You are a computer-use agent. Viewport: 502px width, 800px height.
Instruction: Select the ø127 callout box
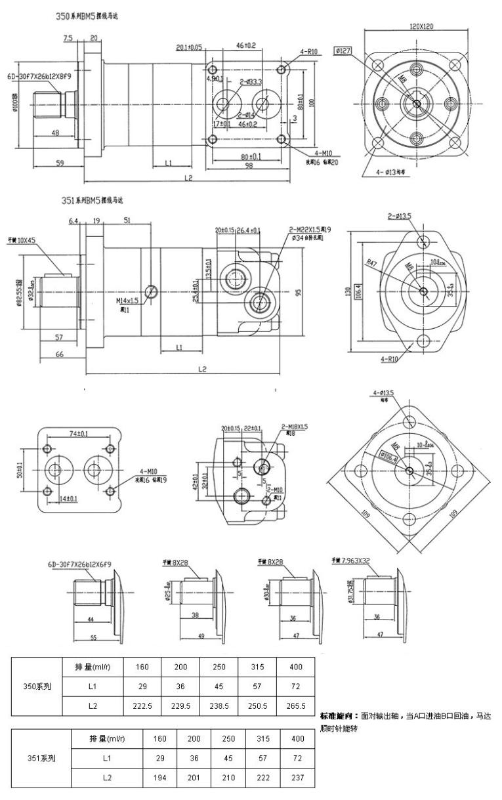point(345,50)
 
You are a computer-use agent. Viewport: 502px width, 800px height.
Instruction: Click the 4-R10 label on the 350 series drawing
point(309,51)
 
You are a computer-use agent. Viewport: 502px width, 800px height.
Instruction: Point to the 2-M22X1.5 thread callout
point(309,230)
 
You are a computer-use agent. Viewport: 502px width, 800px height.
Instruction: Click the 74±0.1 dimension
point(79,434)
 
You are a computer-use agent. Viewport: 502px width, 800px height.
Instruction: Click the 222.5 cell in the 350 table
point(142,705)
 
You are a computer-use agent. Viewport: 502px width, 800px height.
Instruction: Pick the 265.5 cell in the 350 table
point(296,705)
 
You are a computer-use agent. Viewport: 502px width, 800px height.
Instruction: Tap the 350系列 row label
point(38,686)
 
